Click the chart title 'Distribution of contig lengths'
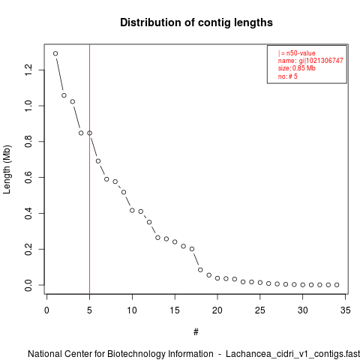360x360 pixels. [x=196, y=22]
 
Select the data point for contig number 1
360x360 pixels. [x=55, y=53]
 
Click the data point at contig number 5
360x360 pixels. [x=89, y=133]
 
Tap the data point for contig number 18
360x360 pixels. [x=200, y=270]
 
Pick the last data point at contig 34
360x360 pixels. [x=337, y=285]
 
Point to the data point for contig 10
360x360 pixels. [x=132, y=211]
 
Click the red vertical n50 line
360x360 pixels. [x=89, y=169]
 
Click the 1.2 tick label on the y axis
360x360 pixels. [x=28, y=70]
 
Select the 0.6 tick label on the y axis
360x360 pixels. [x=28, y=177]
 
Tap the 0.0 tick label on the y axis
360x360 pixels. [x=28, y=285]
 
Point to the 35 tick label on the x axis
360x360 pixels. [x=345, y=310]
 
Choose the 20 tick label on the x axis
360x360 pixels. [x=217, y=310]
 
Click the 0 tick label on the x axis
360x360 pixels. [x=46, y=310]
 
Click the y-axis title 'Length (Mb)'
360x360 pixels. [x=7, y=169]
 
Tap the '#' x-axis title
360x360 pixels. [x=196, y=332]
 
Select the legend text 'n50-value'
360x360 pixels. [x=301, y=53]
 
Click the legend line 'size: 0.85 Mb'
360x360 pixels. [x=297, y=68]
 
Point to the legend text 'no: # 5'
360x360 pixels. [x=288, y=76]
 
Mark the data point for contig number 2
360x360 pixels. [x=64, y=95]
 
